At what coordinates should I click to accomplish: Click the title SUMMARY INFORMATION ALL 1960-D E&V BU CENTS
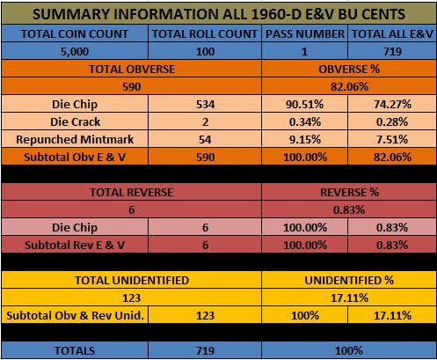(x=219, y=14)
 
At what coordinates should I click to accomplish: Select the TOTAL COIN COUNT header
(x=75, y=34)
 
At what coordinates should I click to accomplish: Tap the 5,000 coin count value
(x=75, y=52)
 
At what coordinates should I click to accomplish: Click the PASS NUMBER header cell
(x=305, y=34)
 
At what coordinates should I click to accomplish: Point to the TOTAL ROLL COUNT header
(x=205, y=34)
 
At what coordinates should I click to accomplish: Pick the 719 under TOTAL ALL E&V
(x=392, y=52)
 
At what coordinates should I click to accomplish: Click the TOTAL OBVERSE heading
(x=132, y=70)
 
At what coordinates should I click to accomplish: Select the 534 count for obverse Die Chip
(x=205, y=105)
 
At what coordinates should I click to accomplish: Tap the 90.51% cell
(x=305, y=105)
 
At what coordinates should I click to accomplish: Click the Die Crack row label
(x=75, y=122)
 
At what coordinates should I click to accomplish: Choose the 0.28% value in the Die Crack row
(x=392, y=122)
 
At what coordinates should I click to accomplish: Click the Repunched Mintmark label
(x=75, y=140)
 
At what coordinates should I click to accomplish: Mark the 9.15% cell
(x=305, y=140)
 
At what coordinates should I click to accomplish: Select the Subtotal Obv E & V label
(x=75, y=158)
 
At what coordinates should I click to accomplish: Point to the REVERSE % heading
(x=349, y=193)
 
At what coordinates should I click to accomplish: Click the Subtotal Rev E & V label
(x=75, y=246)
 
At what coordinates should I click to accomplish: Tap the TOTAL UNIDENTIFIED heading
(x=132, y=281)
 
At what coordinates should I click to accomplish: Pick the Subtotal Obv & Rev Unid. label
(x=75, y=316)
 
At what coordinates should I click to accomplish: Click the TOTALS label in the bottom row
(x=75, y=351)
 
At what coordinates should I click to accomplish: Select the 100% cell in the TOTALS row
(x=349, y=351)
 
